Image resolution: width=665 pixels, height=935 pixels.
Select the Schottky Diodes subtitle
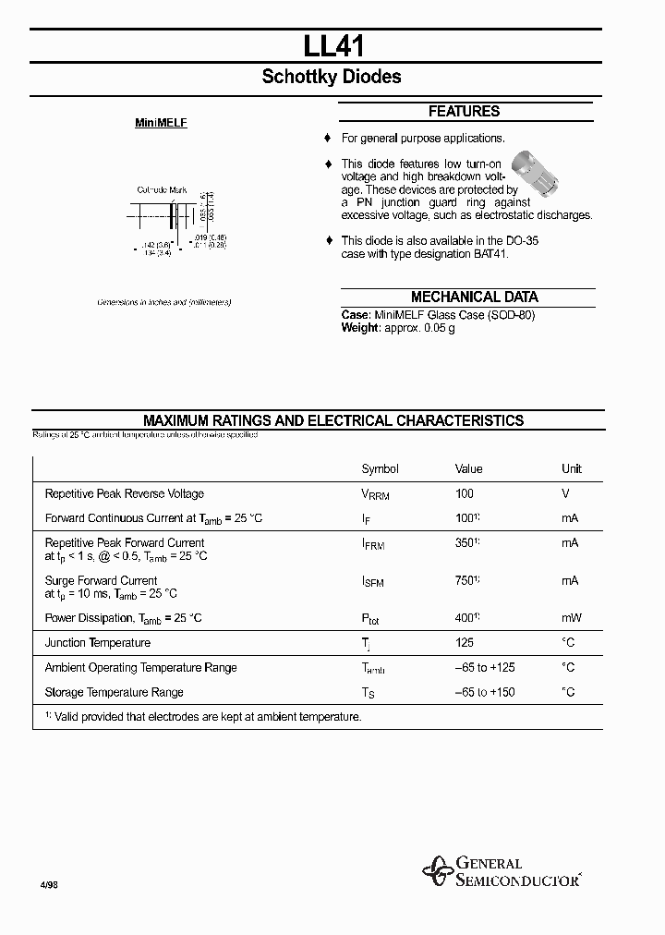332,78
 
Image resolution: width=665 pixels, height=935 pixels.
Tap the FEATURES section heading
464,112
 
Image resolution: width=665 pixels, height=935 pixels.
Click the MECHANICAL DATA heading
474,297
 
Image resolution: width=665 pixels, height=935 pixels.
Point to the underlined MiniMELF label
161,123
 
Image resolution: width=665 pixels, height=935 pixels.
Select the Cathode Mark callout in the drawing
162,189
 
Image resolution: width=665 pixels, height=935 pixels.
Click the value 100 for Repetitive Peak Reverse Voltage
464,494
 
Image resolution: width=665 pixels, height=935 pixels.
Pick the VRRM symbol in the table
375,495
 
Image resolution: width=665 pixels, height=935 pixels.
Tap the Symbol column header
380,469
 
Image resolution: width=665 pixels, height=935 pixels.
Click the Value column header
468,469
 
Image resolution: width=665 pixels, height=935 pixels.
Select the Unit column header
572,469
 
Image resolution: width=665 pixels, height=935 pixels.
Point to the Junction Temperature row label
97,643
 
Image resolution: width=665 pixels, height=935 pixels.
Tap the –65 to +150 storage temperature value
485,693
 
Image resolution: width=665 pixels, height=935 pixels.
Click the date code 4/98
49,884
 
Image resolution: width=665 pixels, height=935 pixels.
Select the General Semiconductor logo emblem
438,869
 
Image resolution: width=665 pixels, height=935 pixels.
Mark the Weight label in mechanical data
360,328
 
